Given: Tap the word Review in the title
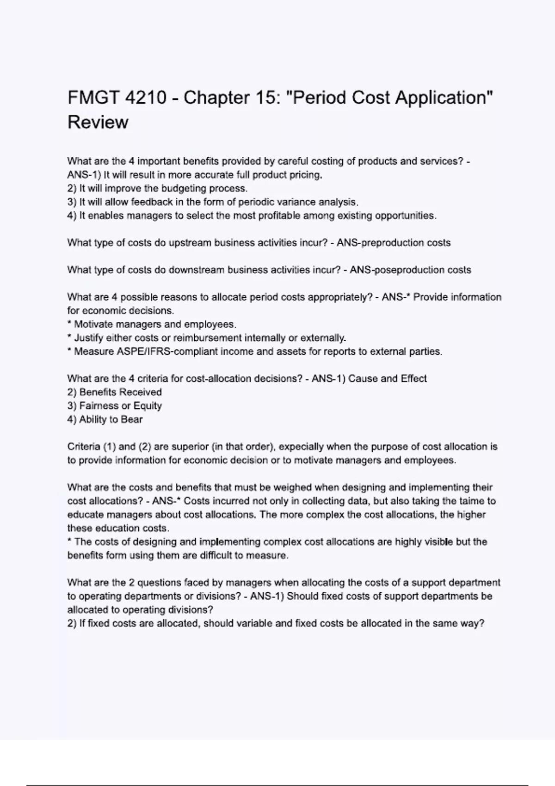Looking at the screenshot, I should [x=98, y=123].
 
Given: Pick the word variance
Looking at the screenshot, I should [x=297, y=202].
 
